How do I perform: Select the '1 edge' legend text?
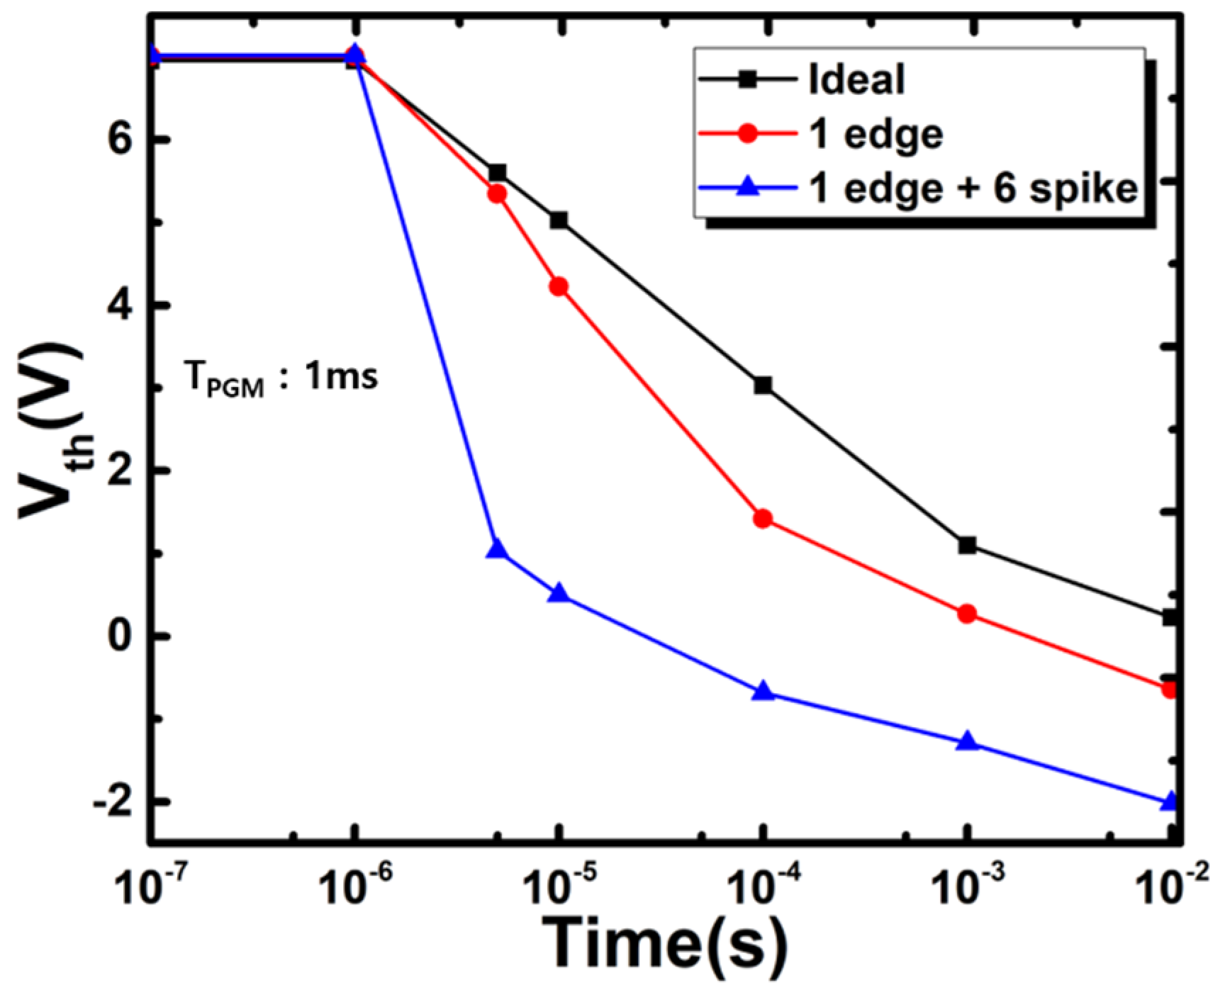(876, 135)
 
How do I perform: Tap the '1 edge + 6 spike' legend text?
(973, 189)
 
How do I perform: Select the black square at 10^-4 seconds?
(763, 386)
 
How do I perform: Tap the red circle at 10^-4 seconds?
(763, 519)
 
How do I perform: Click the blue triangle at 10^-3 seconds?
(968, 742)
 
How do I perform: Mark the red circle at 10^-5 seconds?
(559, 286)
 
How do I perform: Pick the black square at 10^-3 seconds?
(968, 545)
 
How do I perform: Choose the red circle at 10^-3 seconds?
(968, 614)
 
